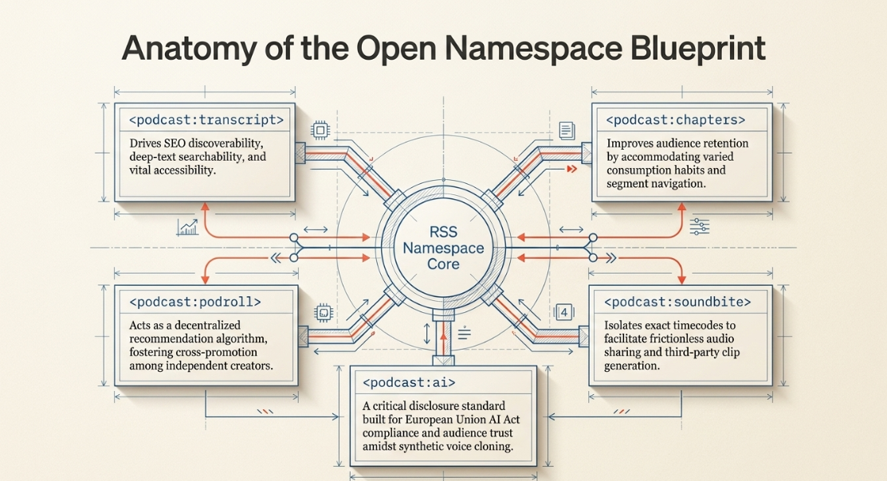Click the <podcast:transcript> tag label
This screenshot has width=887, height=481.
(x=206, y=120)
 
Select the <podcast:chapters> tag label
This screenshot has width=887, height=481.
(x=676, y=120)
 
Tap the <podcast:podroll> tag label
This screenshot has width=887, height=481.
(x=195, y=303)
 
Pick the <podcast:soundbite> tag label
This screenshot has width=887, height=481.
(x=677, y=303)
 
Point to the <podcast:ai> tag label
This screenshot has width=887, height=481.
(x=409, y=383)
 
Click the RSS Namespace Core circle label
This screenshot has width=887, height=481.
(x=443, y=248)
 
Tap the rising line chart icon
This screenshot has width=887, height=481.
(x=187, y=227)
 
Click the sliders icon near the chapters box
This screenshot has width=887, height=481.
(x=700, y=227)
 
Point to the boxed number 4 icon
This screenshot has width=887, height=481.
(x=564, y=312)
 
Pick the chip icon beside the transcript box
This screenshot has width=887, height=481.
(x=320, y=131)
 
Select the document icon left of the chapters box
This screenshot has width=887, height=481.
(x=567, y=131)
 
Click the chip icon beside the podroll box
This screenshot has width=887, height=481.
(x=324, y=312)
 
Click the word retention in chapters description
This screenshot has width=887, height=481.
(x=724, y=143)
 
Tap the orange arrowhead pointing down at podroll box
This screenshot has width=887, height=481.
(x=205, y=280)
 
